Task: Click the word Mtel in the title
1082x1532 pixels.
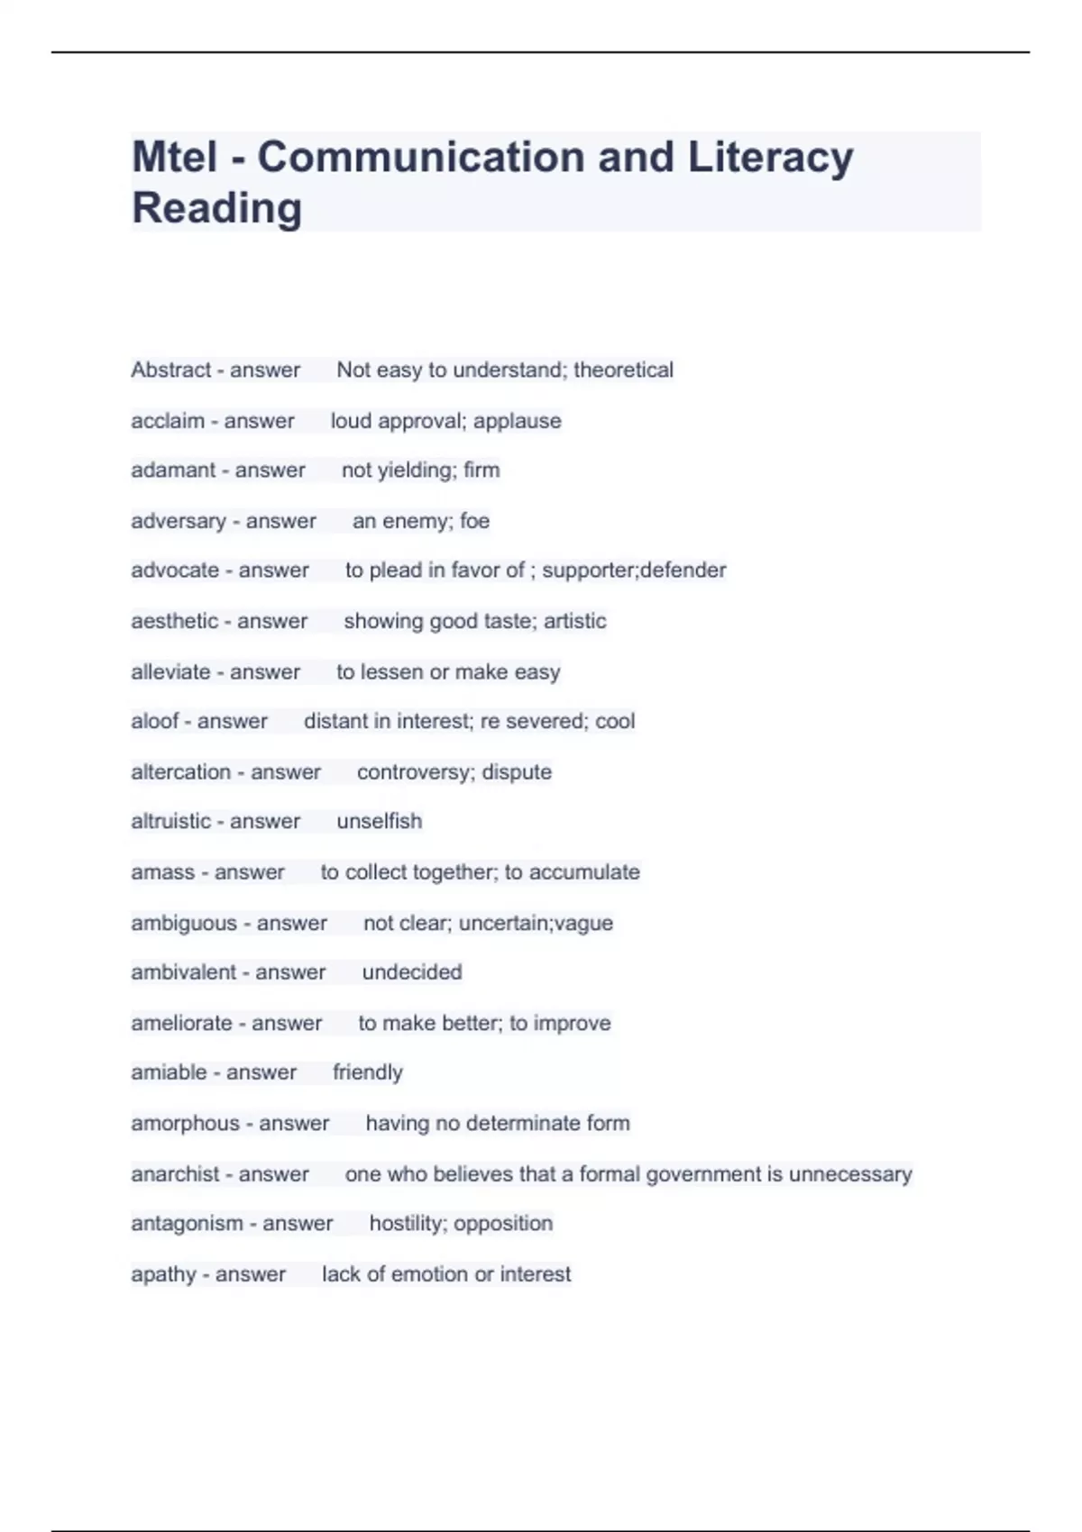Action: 175,157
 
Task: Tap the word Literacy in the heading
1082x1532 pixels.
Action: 771,159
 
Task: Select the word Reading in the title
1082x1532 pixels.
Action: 216,209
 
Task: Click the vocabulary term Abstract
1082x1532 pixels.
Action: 170,370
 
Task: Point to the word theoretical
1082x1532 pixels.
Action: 623,370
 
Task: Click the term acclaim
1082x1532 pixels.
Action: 168,421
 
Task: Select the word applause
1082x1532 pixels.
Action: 517,422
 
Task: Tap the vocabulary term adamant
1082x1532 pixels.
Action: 173,470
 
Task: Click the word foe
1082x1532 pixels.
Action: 474,521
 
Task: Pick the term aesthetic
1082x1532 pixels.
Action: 174,621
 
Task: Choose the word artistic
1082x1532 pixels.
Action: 574,621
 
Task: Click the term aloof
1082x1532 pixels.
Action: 154,721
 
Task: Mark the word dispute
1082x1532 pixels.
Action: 517,772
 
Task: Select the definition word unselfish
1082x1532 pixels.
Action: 379,821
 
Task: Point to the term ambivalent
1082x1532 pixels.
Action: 183,972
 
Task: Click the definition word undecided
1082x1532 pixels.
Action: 411,972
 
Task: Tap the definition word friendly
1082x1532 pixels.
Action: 367,1072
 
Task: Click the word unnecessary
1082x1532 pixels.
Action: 850,1174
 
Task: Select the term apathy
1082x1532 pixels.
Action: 163,1274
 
